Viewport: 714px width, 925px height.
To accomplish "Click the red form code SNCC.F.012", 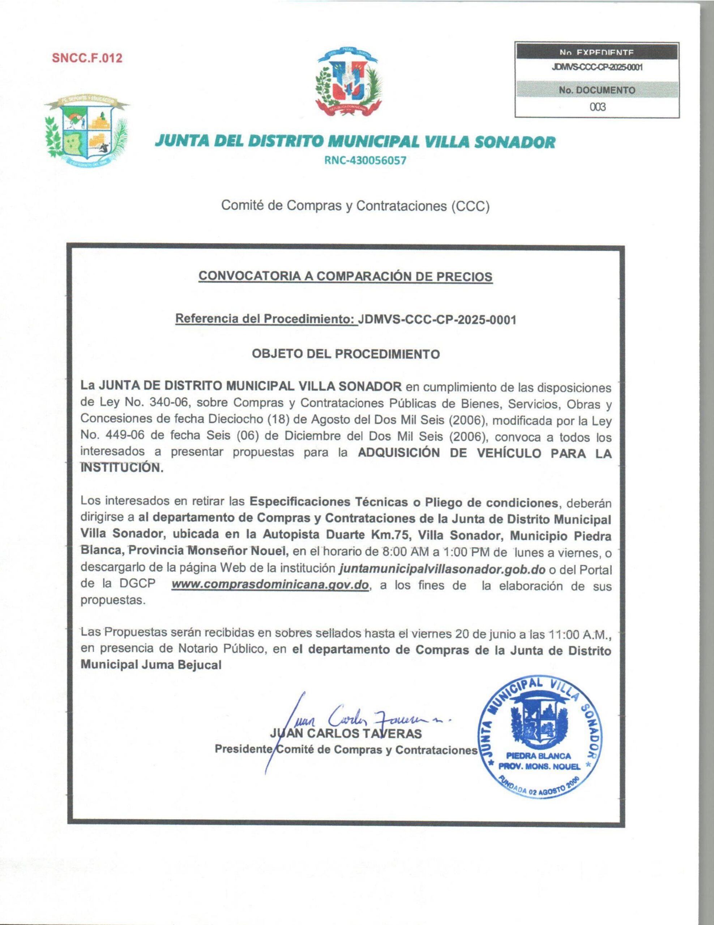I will click(x=87, y=58).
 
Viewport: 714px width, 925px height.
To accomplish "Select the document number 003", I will click(x=598, y=107).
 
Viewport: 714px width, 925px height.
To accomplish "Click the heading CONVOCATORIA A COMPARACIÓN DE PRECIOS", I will click(x=345, y=276).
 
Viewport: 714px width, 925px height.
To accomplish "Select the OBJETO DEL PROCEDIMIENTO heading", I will click(x=345, y=354).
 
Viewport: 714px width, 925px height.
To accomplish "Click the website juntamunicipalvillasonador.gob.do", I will click(x=442, y=569).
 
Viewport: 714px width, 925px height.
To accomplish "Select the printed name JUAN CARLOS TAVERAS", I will click(x=345, y=733).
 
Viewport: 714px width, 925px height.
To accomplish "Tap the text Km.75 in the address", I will click(x=390, y=535).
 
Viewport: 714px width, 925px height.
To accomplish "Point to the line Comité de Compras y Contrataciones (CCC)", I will click(x=355, y=206).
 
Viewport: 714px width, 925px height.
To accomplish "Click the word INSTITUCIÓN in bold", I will click(x=121, y=468).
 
